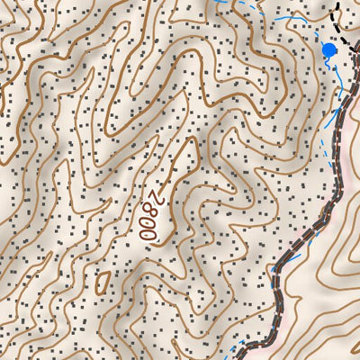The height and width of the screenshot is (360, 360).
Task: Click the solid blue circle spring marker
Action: (x=329, y=50)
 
